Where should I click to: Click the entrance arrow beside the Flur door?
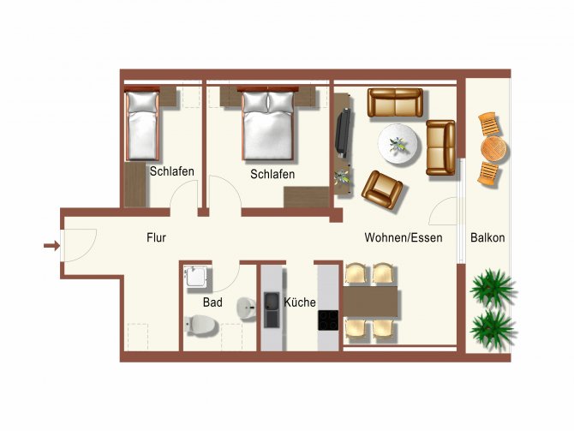coord(51,245)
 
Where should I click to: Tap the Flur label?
coord(156,237)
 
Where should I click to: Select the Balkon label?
coord(487,237)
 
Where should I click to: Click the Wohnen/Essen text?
coord(404,237)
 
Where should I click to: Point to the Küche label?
coord(300,302)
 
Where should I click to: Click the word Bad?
coord(212,302)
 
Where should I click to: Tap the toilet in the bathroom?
coord(201,325)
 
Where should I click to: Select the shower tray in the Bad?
coord(198,277)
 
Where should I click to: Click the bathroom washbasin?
coord(247,308)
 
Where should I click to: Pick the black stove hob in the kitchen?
coord(328,320)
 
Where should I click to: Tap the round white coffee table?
coord(399,145)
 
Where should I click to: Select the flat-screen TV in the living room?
coord(343,133)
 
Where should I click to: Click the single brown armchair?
coord(382,189)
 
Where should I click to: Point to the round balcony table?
coord(493,149)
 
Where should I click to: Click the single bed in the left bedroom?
coord(142,124)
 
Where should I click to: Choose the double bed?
coord(268,124)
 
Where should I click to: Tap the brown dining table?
coord(370,302)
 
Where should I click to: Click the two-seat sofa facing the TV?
coord(440,147)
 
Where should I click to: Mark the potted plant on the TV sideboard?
coord(343,177)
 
